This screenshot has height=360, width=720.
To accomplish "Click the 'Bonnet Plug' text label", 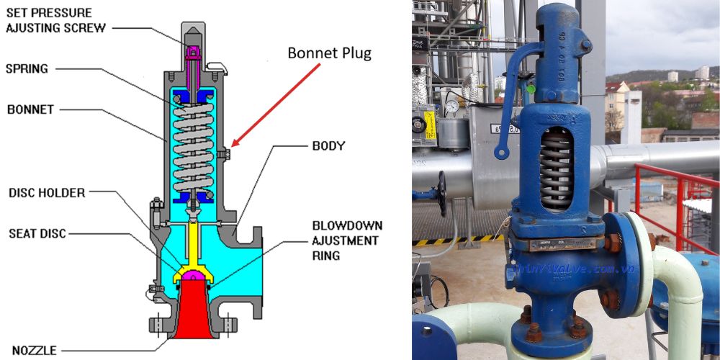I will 329,53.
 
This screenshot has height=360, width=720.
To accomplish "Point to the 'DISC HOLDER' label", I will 46,192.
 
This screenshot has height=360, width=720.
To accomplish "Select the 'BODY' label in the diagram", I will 328,145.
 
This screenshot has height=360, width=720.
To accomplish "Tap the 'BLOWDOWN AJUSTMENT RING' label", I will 346,240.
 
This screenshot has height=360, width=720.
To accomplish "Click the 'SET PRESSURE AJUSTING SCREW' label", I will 55,20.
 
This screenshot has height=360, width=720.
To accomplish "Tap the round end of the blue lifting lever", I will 500,152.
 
